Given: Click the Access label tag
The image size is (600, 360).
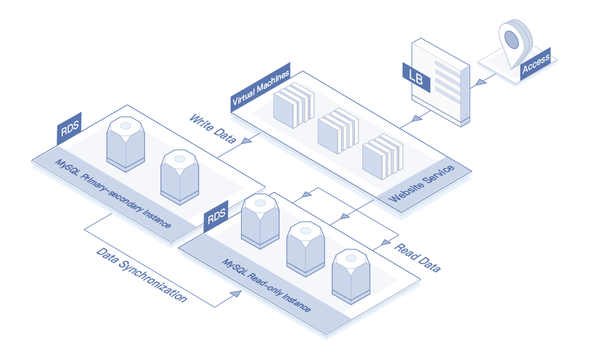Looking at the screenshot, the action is [535, 64].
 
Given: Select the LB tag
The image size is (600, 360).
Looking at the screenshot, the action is [416, 77].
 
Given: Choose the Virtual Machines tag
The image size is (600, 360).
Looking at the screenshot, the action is [261, 87].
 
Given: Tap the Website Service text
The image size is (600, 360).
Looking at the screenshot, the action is [422, 183].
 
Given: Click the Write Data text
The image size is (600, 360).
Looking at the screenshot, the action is [213, 129].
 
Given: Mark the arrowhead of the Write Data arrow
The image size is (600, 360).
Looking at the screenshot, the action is [246, 141].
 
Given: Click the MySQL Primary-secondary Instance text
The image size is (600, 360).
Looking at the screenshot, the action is [113, 194].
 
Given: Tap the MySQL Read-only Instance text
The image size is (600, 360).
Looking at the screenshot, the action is [267, 285].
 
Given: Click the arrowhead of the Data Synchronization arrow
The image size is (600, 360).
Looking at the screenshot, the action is [236, 294].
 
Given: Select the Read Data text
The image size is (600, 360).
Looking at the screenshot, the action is [417, 257].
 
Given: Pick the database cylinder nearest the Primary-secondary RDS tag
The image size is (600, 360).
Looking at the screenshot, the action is [125, 144].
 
